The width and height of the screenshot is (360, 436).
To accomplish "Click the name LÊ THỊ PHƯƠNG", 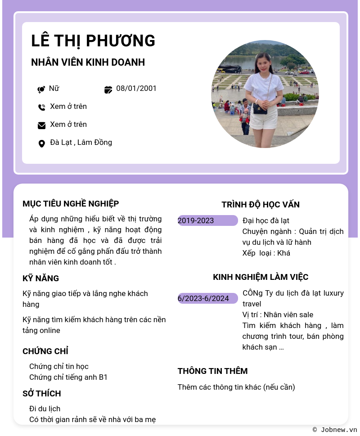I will (x=93, y=41).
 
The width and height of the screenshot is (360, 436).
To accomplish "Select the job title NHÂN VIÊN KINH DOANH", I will (x=88, y=63).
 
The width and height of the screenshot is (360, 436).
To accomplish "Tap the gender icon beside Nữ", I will (x=41, y=89).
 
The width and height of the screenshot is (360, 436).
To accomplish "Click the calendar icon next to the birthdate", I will (x=108, y=89).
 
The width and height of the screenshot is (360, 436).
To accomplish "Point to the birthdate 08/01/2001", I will (x=136, y=88).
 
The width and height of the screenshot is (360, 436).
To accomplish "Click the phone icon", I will (x=41, y=107).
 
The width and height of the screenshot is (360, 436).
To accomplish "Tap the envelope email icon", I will (x=41, y=125).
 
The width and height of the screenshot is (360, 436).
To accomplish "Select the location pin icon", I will (x=41, y=144).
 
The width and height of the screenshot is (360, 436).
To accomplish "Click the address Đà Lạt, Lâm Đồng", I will (x=81, y=142).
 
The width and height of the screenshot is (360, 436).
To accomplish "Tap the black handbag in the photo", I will (x=260, y=108).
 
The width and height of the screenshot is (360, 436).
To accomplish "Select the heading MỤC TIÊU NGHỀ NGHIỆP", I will (x=71, y=204).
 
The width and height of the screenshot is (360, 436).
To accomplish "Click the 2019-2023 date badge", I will (x=207, y=220).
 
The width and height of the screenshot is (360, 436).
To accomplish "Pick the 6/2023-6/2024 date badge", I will (x=207, y=298).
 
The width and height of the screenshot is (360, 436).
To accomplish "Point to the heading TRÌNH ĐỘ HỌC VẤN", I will (x=261, y=205).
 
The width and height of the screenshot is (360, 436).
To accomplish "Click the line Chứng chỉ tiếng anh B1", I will (x=68, y=377).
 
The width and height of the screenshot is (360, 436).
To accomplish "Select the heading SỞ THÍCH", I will (x=42, y=394).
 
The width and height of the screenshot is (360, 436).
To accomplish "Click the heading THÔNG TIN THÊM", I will (x=212, y=371).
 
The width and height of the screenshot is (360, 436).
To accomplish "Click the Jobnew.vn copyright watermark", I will (x=335, y=430).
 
